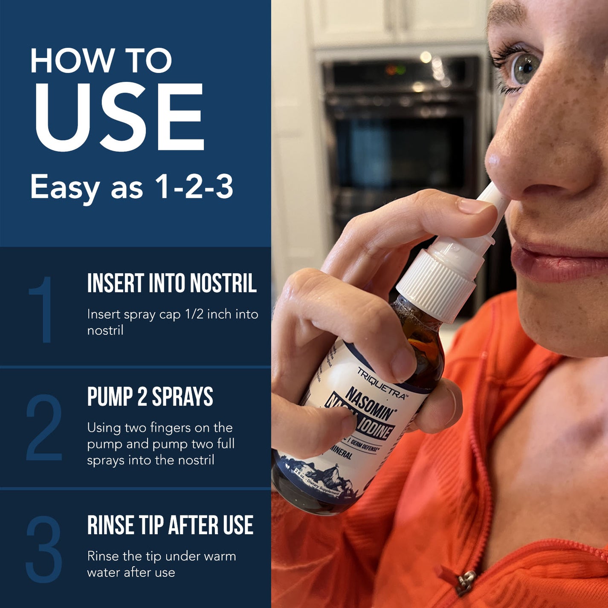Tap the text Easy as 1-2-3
(x=131, y=187)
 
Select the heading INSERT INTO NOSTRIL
(x=172, y=284)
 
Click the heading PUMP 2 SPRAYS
(x=150, y=397)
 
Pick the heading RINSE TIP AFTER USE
(x=170, y=525)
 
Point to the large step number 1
(x=42, y=310)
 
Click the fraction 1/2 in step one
(x=194, y=314)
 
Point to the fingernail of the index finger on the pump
(x=473, y=206)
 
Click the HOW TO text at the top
(x=101, y=61)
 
